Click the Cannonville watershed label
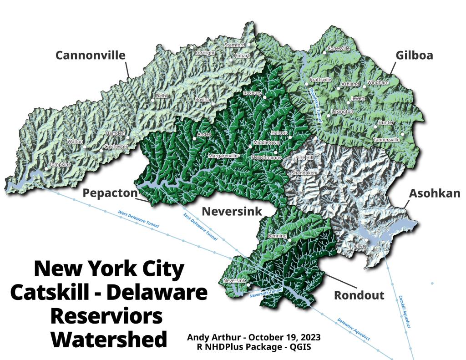point(90,56)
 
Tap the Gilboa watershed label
point(414,56)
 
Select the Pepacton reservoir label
point(110,193)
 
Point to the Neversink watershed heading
point(232,211)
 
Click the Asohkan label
point(435,193)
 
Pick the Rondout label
point(359,295)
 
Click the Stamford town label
point(235,45)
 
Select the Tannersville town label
point(386,140)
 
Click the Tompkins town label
point(60,164)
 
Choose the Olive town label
point(360,246)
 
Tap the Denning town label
point(277,236)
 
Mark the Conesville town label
point(339,48)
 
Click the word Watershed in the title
point(109,339)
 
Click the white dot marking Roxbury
point(264,97)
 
